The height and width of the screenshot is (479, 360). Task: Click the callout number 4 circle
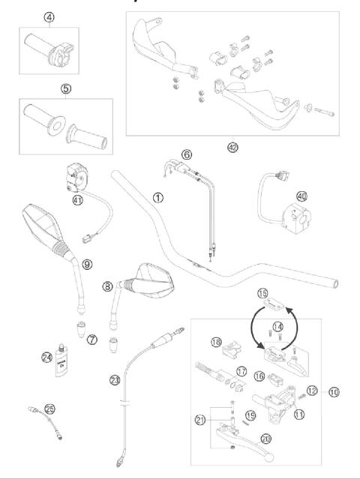(x=49, y=16)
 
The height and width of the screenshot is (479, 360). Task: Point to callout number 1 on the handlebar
(x=157, y=199)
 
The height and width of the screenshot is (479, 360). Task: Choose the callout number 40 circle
(x=301, y=196)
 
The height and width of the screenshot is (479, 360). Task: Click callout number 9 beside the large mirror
(x=87, y=264)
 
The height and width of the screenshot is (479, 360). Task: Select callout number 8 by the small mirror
(x=107, y=286)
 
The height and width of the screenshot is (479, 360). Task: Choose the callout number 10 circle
(x=334, y=391)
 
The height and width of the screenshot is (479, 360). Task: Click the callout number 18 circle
(x=216, y=343)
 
